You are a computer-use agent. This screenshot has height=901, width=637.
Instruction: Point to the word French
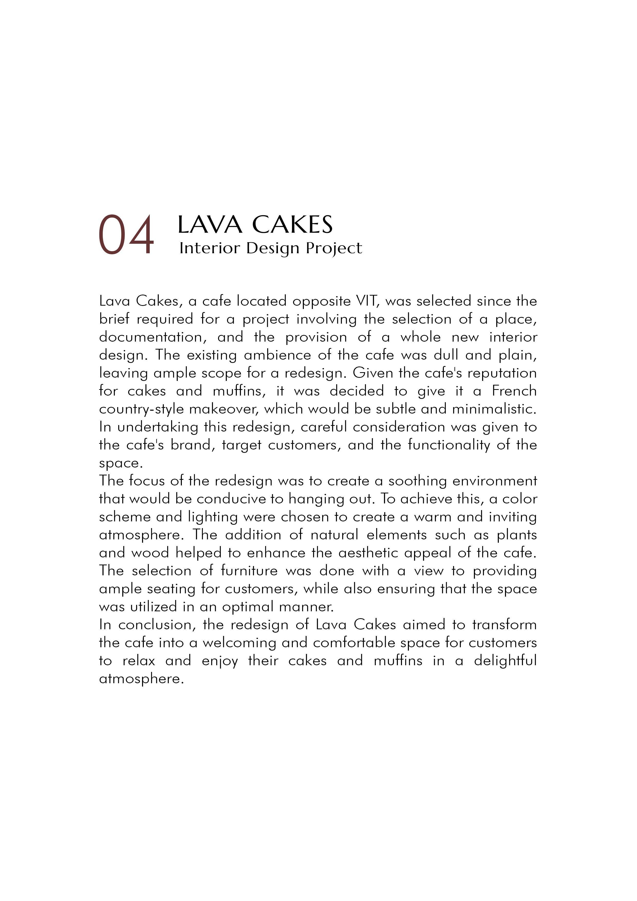[514, 391]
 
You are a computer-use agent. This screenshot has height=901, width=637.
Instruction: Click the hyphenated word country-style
[141, 409]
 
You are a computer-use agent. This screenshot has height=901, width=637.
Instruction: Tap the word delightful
[505, 661]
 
